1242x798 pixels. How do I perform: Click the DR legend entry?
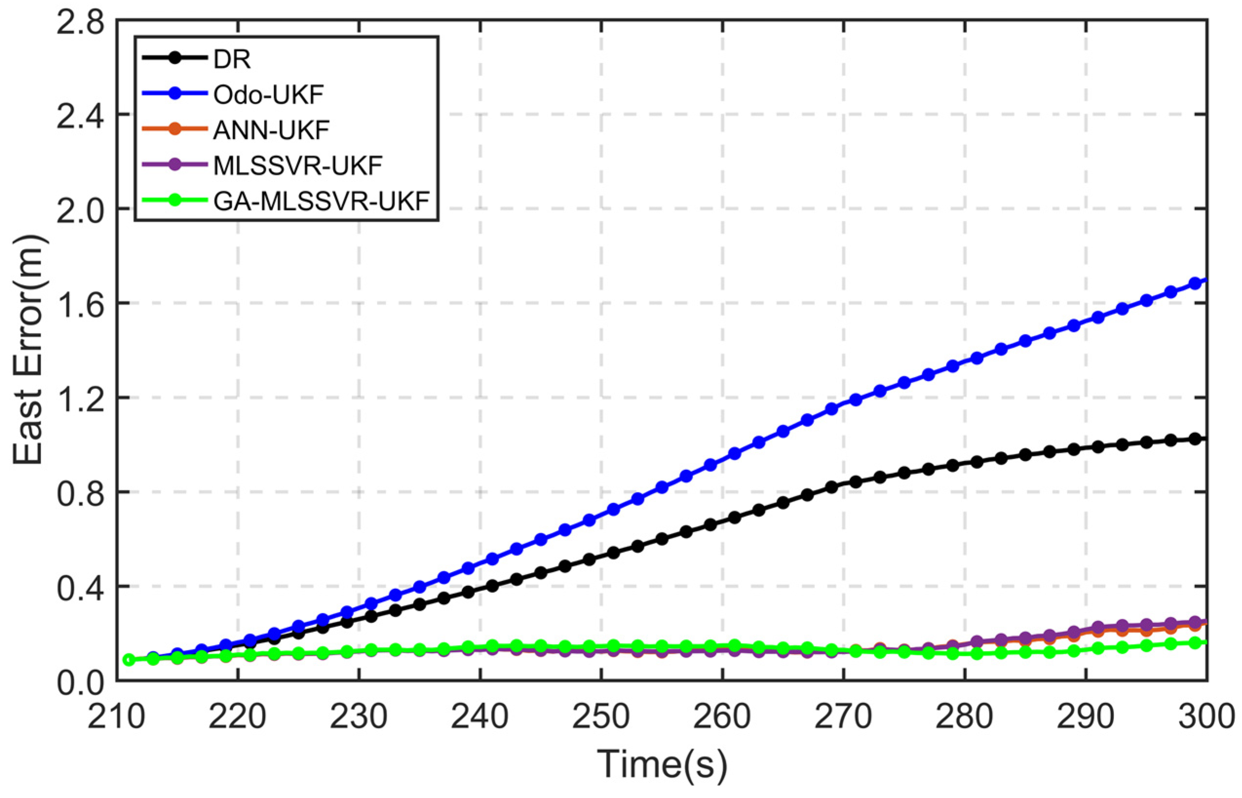point(232,59)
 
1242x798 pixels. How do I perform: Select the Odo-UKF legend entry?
point(268,95)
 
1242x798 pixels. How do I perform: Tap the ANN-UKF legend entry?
point(271,130)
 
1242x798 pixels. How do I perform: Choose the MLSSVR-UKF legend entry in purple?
point(298,165)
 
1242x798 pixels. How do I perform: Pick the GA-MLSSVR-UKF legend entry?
point(321,200)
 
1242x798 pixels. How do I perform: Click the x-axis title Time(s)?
point(662,765)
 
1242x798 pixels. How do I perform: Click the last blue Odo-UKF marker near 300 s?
point(1195,283)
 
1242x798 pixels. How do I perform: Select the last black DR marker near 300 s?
point(1195,439)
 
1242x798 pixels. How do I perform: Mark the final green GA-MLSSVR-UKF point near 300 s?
point(1195,643)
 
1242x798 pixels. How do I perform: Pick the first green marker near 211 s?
point(129,660)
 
